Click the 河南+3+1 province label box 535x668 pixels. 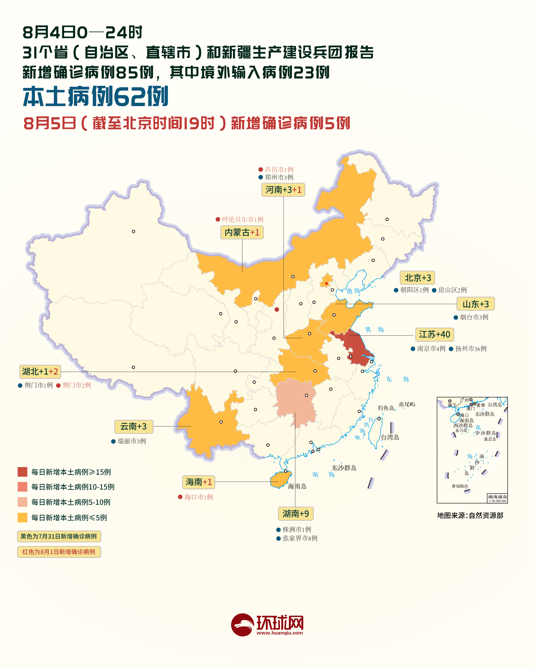tap(283, 190)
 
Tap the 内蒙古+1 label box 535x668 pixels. tap(242, 232)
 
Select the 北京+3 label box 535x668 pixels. tap(417, 278)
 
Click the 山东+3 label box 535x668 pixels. tap(475, 304)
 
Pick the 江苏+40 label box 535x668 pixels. tap(434, 334)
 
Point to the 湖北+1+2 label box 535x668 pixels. tap(40, 372)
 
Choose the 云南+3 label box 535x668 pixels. tap(134, 427)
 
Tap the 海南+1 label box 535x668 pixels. tap(198, 482)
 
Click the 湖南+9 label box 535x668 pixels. tap(296, 514)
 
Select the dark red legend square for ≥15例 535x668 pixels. tap(22, 472)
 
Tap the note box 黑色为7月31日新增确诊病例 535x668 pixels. tap(59, 536)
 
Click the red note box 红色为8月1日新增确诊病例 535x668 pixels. tap(59, 552)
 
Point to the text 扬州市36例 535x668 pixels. tap(471, 349)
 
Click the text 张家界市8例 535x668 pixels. tap(300, 538)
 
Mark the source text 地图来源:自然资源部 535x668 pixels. tap(470, 515)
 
